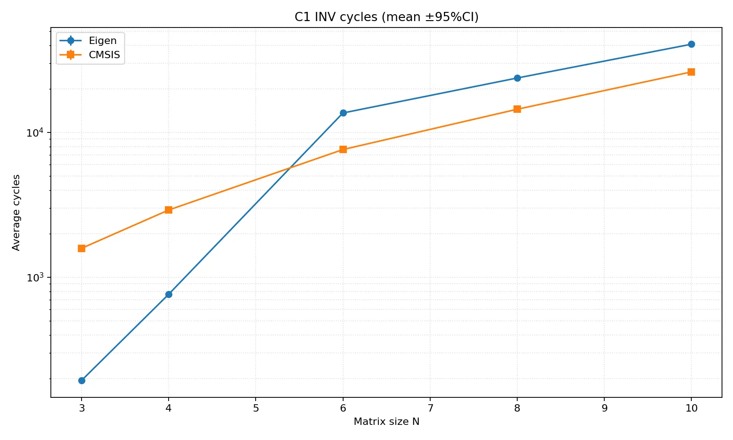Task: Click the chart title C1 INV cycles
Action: [386, 17]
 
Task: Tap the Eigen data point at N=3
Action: [82, 380]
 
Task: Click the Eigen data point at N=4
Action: [169, 294]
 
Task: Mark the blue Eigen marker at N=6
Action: [343, 113]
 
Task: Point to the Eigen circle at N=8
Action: [517, 78]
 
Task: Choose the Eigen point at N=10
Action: [691, 44]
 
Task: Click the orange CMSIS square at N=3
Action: [82, 248]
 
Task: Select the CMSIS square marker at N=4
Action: [169, 210]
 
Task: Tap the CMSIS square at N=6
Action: [343, 149]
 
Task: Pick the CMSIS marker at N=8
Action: [517, 109]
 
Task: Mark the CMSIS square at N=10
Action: [691, 72]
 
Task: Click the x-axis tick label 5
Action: [256, 408]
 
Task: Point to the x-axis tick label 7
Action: [430, 408]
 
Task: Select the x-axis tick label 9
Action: [604, 408]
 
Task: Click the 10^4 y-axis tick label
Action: [35, 133]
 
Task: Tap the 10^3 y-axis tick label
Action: [35, 278]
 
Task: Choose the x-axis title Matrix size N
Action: [386, 422]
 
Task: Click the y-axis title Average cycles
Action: [16, 212]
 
